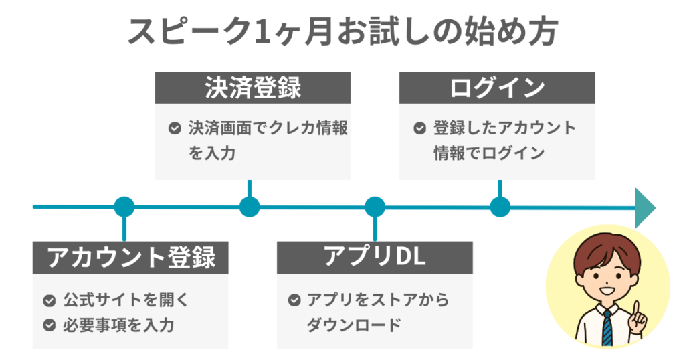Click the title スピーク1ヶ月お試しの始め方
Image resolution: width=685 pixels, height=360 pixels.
pos(342,32)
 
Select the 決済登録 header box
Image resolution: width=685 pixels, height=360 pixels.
pos(252,88)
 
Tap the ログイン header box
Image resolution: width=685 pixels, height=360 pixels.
pos(496,88)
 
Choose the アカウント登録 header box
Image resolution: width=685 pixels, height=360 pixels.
pos(130,258)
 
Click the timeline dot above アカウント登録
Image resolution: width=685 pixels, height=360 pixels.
pos(124,207)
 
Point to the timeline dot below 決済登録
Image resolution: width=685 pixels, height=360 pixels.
pos(250,207)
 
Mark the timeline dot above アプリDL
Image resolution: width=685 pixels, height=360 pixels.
pos(375,207)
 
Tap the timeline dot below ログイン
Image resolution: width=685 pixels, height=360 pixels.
pos(500,207)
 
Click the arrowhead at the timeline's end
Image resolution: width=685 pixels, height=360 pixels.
pos(644,207)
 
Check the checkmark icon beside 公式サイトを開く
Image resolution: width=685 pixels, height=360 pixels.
pos(49,300)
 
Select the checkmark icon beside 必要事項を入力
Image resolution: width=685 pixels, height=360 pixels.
pos(49,325)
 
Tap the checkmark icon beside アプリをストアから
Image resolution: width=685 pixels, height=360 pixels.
pos(294,300)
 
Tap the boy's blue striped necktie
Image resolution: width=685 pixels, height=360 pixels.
pos(607,328)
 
